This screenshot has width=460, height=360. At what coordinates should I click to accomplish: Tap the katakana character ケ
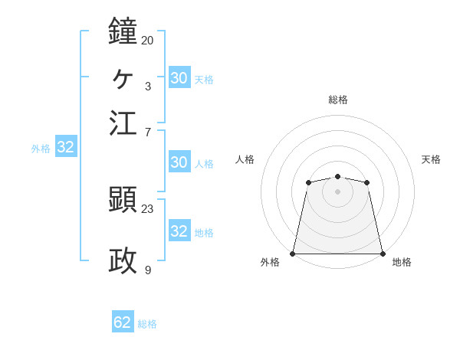tap(123, 77)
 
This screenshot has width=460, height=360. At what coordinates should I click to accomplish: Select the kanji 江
tap(123, 123)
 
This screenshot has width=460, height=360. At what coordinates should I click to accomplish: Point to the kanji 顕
tap(123, 200)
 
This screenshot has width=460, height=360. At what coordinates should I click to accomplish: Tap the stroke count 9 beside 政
tap(147, 270)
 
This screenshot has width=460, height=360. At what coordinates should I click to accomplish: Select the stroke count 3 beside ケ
tap(147, 86)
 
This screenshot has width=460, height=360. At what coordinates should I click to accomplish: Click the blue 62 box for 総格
tap(123, 322)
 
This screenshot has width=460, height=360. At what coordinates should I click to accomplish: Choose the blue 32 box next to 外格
tap(65, 148)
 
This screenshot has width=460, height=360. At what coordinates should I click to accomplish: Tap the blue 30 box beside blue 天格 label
tap(179, 77)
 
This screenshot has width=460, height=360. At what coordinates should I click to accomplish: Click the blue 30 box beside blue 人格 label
tap(179, 162)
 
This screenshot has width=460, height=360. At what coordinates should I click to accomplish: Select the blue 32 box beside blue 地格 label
tap(179, 231)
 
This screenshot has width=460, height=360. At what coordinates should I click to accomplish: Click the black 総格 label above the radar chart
tap(337, 100)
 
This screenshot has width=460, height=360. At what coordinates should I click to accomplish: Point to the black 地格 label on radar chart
tap(402, 263)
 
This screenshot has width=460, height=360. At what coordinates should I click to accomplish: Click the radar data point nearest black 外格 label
tap(293, 254)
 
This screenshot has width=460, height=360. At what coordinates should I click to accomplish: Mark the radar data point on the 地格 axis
tap(382, 254)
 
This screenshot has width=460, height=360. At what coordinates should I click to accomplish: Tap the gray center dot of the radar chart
tap(337, 191)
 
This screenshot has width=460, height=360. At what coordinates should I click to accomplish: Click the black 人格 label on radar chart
tap(245, 159)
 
